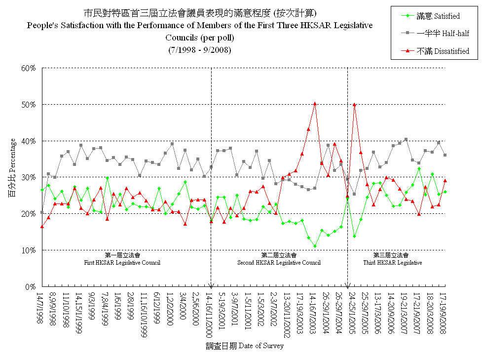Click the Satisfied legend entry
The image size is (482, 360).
click(x=438, y=16)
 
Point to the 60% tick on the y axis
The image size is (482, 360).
click(x=28, y=68)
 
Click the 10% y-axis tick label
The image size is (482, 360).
click(x=28, y=250)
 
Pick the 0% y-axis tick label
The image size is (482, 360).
click(x=30, y=287)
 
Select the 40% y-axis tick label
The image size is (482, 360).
click(x=28, y=141)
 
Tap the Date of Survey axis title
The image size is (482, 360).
click(x=245, y=346)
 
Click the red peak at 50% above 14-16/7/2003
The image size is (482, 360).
click(x=315, y=104)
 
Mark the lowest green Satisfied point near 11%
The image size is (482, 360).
click(x=315, y=246)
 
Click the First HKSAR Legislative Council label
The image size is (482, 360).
click(x=122, y=259)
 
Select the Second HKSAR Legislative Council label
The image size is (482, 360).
click(x=279, y=259)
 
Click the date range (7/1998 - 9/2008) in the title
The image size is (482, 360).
click(x=200, y=50)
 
